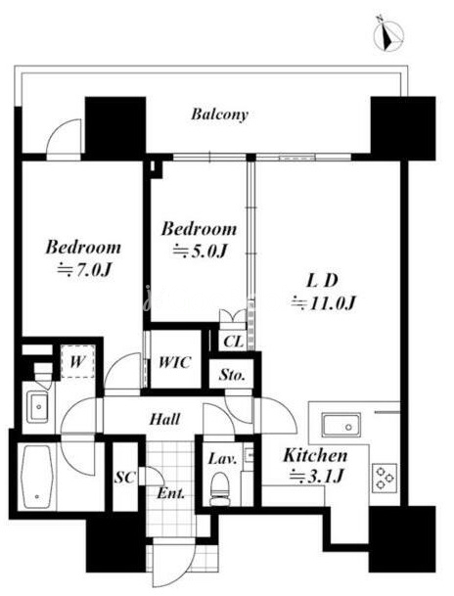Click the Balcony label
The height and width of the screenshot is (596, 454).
point(219,115)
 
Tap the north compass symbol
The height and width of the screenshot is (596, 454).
point(387,33)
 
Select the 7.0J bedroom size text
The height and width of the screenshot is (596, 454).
point(84,270)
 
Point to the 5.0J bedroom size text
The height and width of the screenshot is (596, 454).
point(201,251)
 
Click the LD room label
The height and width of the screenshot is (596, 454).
point(322,281)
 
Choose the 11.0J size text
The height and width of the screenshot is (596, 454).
point(323,303)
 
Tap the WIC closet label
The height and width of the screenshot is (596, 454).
point(174,362)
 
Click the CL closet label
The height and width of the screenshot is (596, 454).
point(233,342)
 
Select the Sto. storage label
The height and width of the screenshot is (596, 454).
point(231,375)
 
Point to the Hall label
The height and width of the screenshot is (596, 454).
point(164,419)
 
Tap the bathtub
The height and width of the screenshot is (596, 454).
point(36,477)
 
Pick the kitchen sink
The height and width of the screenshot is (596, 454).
point(340,424)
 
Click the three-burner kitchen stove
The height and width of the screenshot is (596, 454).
point(385,477)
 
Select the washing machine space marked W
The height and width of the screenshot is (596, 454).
point(77,361)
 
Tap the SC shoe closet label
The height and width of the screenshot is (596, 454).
point(125,477)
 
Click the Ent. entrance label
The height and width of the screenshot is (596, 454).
point(171,494)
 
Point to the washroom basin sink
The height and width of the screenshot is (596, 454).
point(37,408)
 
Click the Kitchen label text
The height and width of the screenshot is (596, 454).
point(315,455)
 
